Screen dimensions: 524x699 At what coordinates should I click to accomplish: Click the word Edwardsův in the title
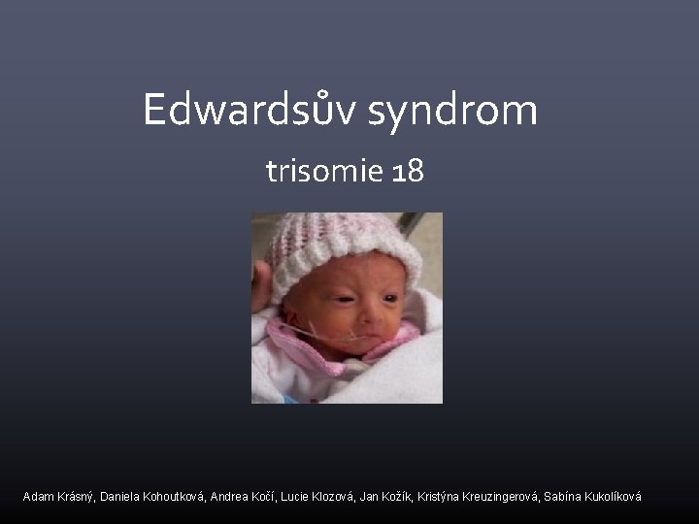[x=250, y=110]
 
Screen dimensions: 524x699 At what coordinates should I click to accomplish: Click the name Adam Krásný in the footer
[x=58, y=497]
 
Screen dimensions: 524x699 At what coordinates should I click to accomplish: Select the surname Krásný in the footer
[x=77, y=497]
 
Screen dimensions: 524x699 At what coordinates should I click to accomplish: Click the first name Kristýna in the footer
[x=443, y=497]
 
